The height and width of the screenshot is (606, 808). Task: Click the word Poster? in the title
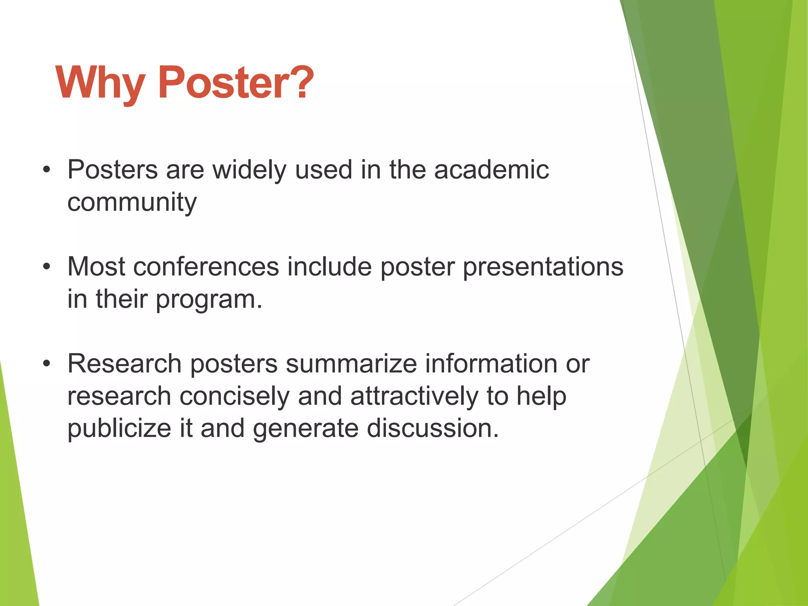236,83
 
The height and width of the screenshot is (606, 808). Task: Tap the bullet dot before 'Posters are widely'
47,170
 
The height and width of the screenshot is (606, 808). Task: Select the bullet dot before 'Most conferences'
47,267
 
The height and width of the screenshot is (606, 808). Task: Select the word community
132,203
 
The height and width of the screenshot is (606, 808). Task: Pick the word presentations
543,267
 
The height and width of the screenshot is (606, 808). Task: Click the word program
209,300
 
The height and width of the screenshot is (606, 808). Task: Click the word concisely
234,396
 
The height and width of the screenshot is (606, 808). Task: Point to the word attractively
414,396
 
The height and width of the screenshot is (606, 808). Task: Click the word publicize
119,429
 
